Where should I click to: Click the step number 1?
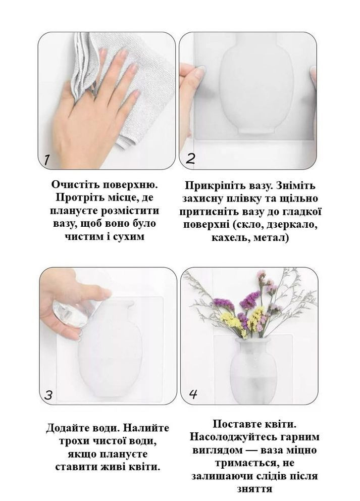(x=46, y=160)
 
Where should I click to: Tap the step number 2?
(x=190, y=159)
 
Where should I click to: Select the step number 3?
(x=48, y=395)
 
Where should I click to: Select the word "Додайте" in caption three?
(x=66, y=428)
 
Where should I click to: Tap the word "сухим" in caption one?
(x=129, y=236)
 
